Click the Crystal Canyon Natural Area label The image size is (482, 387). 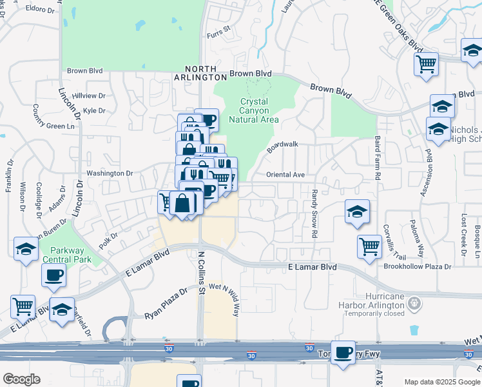(259, 110)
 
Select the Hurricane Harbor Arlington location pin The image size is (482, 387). (414, 302)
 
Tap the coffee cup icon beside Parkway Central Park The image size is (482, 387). (53, 275)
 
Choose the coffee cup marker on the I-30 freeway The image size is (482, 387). (343, 353)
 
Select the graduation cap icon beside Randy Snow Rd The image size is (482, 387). (357, 212)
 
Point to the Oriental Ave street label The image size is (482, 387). (285, 175)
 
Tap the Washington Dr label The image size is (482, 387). (110, 173)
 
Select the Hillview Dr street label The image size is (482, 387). (88, 95)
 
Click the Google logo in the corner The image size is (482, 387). (22, 379)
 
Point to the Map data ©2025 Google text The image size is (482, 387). (442, 382)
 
